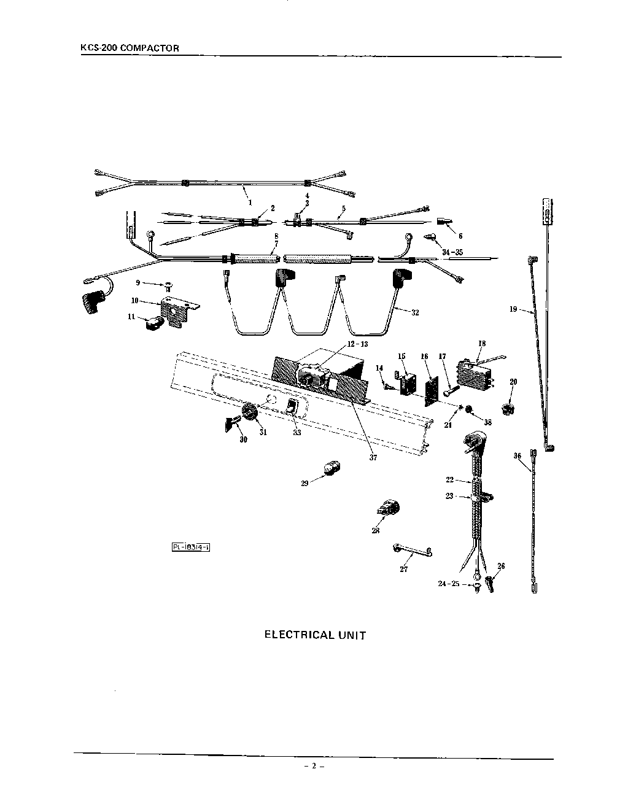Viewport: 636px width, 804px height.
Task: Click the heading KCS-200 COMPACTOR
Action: [130, 48]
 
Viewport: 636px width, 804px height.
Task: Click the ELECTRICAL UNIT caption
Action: [315, 635]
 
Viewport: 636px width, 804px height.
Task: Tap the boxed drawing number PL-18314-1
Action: [191, 547]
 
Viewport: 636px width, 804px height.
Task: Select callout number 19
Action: [513, 309]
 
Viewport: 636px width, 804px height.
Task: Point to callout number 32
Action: [415, 312]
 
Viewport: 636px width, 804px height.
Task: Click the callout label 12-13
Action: [356, 344]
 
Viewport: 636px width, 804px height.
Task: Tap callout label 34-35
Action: [452, 252]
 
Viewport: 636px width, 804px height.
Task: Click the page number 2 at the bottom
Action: [313, 766]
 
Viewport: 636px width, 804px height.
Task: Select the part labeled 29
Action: [331, 470]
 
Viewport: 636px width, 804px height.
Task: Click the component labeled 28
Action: [388, 509]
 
